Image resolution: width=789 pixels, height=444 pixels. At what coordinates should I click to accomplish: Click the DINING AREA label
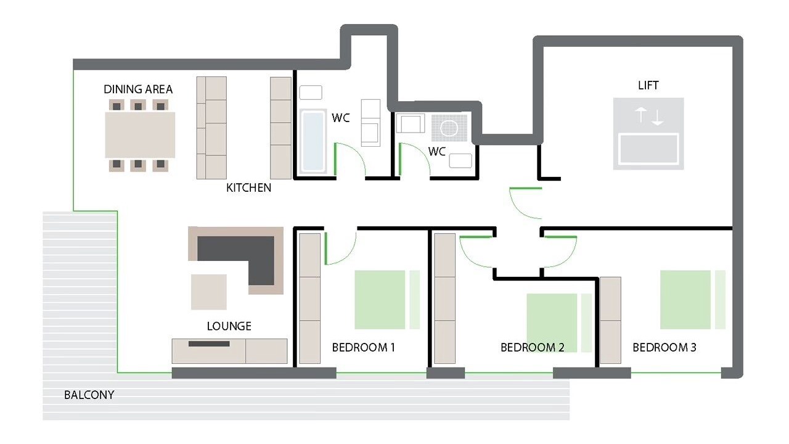coord(138,89)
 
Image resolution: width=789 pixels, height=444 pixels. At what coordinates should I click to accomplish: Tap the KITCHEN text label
coord(248,188)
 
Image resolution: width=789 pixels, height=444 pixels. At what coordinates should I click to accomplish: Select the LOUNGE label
coord(229,326)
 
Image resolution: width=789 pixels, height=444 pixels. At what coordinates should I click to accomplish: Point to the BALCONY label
coord(89,395)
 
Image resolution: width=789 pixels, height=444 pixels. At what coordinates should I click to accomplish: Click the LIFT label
coord(648,85)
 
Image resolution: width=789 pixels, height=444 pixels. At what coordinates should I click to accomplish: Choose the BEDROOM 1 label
coord(364,347)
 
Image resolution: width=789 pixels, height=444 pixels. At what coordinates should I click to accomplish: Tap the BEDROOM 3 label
coord(664,347)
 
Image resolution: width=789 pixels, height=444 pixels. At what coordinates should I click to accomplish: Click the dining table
coord(140,135)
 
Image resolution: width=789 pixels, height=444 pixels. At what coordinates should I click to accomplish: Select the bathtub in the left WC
coord(313,141)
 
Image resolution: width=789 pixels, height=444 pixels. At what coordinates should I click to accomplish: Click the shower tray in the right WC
coord(449,128)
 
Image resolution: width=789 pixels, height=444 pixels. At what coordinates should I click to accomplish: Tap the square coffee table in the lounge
coord(209,292)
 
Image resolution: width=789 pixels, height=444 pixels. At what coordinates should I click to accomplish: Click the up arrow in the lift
coord(640,115)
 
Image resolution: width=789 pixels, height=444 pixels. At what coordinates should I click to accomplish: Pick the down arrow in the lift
coord(657,117)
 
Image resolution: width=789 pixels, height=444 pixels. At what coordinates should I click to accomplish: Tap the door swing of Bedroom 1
coord(349,255)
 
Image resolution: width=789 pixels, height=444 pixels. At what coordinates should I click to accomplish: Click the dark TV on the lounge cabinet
coord(209,343)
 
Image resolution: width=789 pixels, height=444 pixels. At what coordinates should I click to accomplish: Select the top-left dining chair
coord(117,105)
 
